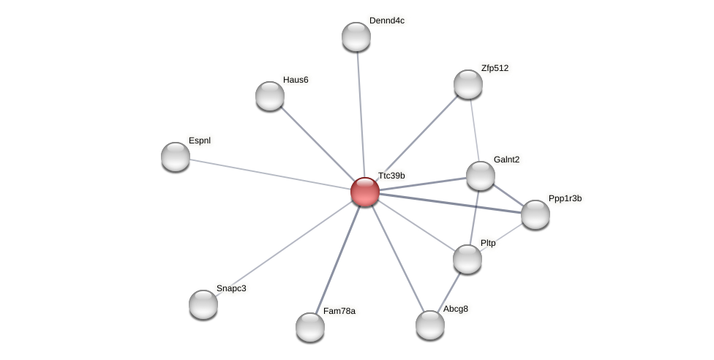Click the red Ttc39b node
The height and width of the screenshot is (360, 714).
(365, 192)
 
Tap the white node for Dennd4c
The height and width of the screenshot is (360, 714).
(356, 37)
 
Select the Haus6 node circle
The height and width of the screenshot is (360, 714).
(270, 96)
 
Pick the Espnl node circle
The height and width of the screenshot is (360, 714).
(176, 157)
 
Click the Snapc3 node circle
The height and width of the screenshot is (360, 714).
(203, 304)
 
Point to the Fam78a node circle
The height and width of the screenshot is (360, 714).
(310, 327)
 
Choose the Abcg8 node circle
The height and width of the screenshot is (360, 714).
(430, 325)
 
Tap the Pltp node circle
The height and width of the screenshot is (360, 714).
(467, 259)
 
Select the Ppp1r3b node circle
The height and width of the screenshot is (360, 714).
(535, 214)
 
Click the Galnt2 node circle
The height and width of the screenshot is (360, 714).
(481, 176)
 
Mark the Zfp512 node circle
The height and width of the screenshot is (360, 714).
(468, 84)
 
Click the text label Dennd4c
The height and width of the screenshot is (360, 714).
(386, 20)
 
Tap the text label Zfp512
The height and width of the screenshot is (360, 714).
(495, 68)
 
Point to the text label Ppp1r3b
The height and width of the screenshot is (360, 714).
(565, 198)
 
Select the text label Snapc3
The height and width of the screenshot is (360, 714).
(231, 288)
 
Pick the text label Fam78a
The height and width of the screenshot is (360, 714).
(339, 311)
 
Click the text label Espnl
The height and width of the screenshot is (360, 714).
(199, 140)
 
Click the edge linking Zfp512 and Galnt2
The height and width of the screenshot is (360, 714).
(474, 129)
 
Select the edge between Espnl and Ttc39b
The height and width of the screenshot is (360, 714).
(271, 174)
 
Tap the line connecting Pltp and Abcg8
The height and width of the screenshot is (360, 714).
(448, 292)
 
